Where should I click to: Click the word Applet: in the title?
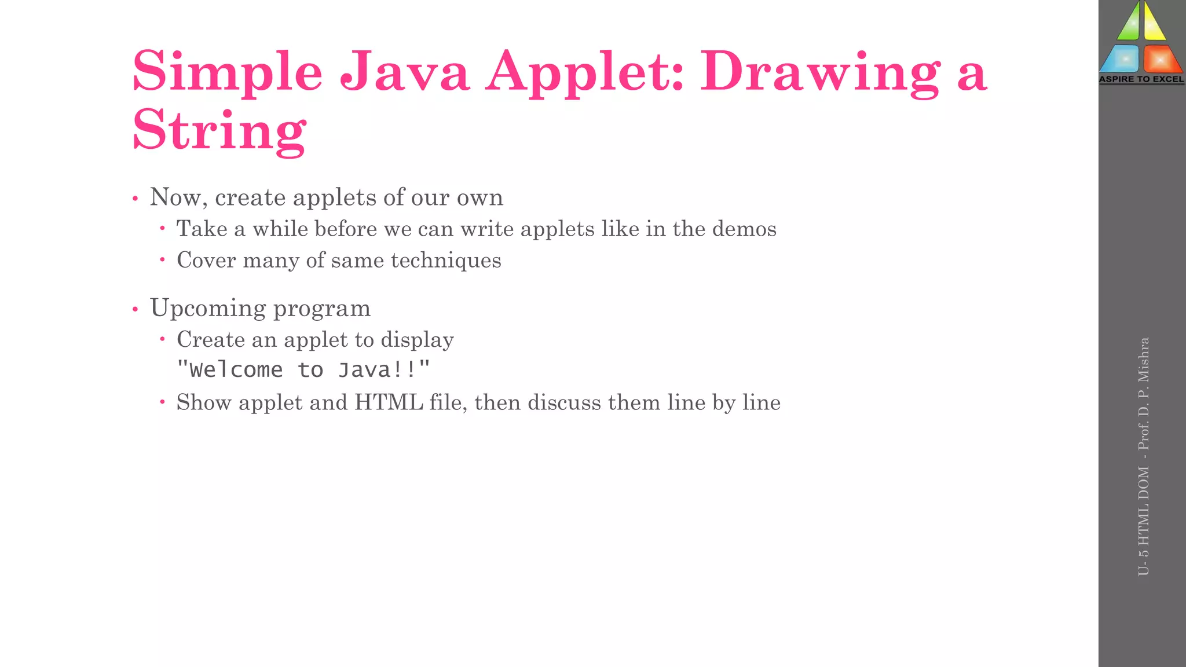click(585, 72)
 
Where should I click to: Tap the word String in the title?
click(219, 130)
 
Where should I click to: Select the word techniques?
click(446, 261)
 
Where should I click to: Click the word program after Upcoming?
click(322, 308)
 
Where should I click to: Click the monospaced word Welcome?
click(236, 370)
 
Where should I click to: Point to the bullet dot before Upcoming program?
click(136, 309)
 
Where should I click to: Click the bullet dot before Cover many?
click(163, 260)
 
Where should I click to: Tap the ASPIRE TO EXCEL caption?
click(1141, 79)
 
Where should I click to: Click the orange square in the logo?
click(1161, 59)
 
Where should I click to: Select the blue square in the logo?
click(1121, 59)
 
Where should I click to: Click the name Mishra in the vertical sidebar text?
click(1143, 359)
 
